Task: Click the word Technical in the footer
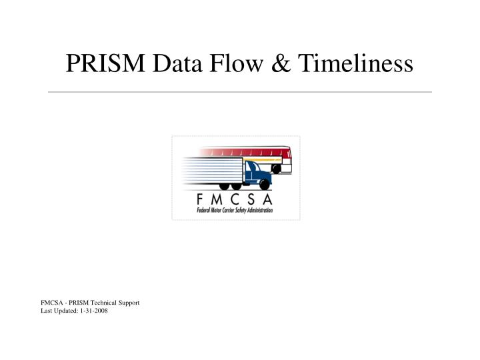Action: (104, 303)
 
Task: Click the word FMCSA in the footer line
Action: (51, 303)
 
